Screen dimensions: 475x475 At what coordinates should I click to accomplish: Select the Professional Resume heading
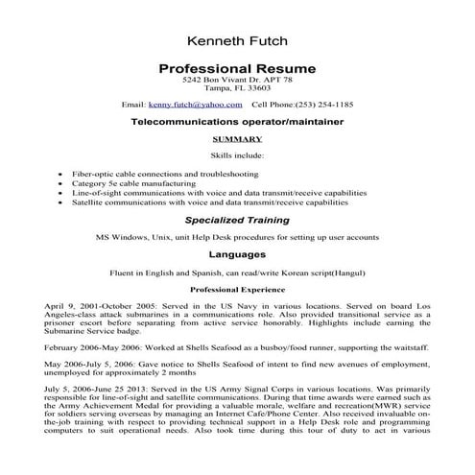click(x=236, y=70)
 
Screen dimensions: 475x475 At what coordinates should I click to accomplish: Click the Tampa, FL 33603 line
click(x=236, y=91)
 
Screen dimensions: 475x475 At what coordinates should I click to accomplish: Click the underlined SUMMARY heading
click(x=236, y=139)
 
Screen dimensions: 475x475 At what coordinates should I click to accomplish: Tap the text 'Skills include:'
click(x=236, y=154)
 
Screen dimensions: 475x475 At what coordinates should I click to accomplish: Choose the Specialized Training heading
click(x=236, y=220)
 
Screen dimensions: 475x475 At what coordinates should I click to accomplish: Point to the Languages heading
click(x=236, y=255)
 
